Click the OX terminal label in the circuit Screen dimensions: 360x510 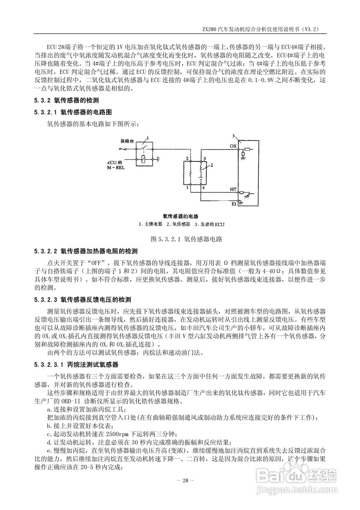[233, 146]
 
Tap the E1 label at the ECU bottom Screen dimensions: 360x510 [234, 204]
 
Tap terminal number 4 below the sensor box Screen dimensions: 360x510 [203, 187]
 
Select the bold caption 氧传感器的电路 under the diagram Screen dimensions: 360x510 [180, 216]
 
